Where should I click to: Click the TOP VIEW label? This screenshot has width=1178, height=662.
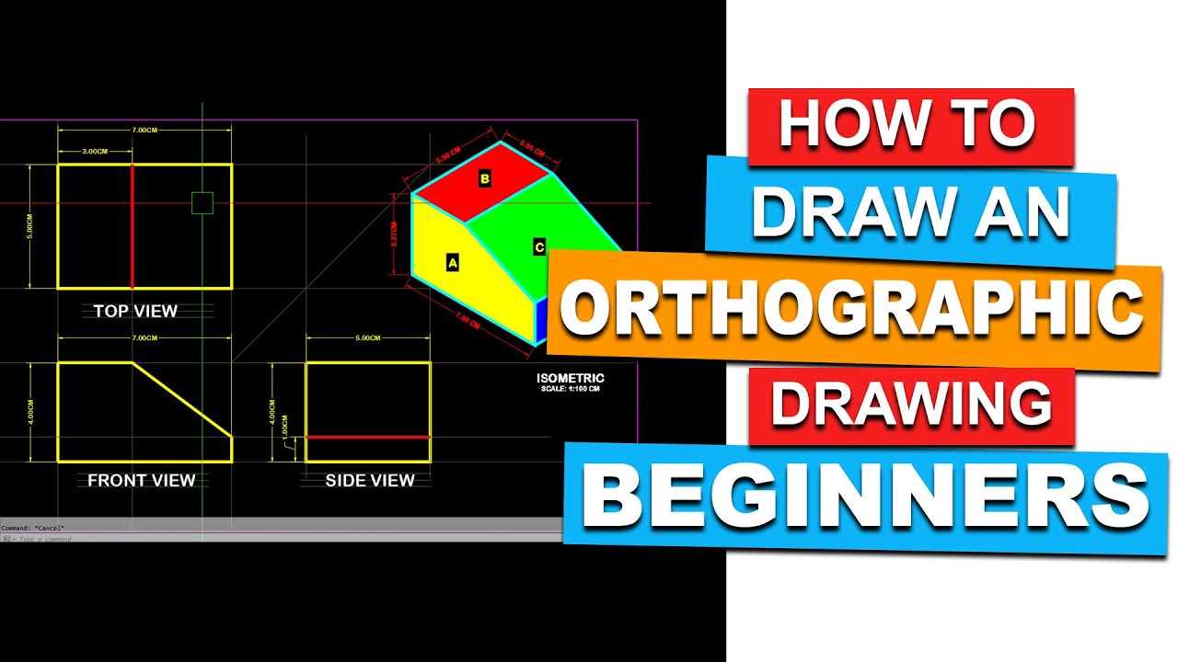[x=135, y=311]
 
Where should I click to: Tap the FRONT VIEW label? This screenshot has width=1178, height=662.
[x=142, y=480]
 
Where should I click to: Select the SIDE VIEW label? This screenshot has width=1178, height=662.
[x=370, y=480]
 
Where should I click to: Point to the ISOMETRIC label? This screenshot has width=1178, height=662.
[x=571, y=378]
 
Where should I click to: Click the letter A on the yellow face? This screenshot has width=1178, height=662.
[x=452, y=263]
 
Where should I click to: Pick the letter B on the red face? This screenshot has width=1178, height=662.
[x=485, y=178]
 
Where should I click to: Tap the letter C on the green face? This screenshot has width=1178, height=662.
[x=538, y=246]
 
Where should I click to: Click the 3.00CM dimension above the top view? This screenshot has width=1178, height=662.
[x=95, y=151]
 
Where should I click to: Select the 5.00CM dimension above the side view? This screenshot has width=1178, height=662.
[x=367, y=338]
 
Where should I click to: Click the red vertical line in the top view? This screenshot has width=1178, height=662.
[x=132, y=226]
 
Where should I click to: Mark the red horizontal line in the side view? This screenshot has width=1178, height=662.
[x=368, y=437]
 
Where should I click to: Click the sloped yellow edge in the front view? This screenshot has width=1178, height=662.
[x=182, y=399]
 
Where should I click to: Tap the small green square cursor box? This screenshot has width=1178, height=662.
[x=202, y=202]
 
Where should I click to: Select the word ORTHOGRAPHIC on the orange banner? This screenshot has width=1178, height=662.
[x=851, y=309]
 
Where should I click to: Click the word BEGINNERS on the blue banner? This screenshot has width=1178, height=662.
[x=865, y=497]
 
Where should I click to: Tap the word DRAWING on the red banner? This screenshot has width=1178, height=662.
[x=911, y=405]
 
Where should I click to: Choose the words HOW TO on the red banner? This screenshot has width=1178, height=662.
[x=909, y=125]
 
